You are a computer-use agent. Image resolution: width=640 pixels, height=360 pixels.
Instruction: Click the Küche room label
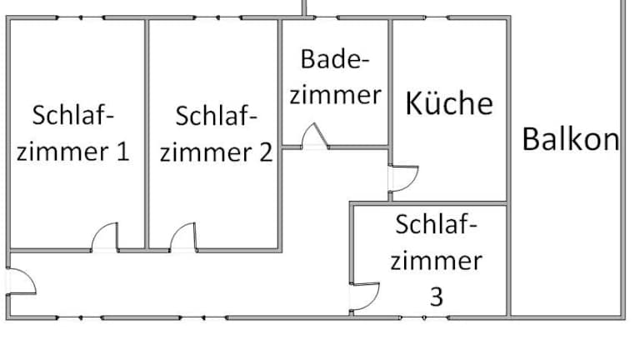(449, 103)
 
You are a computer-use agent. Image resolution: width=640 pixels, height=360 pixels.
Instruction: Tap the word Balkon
(571, 138)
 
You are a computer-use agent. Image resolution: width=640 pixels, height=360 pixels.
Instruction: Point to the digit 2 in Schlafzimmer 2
(265, 152)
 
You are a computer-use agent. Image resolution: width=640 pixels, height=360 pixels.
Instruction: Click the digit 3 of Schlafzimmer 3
(436, 297)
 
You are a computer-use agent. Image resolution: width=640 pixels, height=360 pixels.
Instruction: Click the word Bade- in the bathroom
(334, 59)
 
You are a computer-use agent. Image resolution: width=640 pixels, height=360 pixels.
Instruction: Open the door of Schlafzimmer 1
(105, 237)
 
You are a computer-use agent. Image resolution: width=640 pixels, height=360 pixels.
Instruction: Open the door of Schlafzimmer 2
(183, 237)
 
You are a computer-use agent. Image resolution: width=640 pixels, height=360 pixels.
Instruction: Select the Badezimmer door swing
(315, 137)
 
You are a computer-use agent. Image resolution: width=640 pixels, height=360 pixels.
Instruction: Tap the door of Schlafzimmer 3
(365, 297)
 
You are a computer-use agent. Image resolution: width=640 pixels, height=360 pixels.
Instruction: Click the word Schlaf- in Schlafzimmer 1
(72, 115)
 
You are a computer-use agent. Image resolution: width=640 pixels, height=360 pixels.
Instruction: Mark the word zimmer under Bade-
(335, 94)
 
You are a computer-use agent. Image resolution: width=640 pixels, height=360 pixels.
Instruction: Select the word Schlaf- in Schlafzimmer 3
(436, 225)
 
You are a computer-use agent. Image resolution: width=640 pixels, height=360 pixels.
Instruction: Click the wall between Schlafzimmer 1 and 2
(147, 133)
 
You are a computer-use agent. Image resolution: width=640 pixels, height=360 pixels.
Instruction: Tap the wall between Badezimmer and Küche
(391, 83)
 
